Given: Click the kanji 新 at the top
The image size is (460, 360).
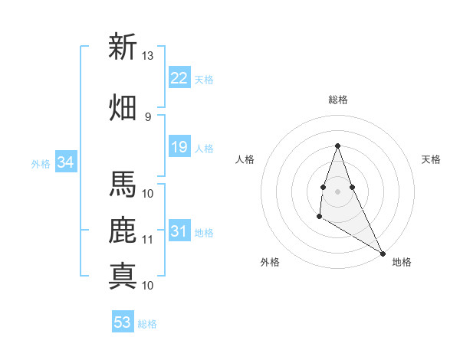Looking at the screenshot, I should [x=122, y=47].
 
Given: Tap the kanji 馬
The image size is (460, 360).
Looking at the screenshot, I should [x=122, y=185].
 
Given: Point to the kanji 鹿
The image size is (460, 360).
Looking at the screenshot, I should [x=122, y=231].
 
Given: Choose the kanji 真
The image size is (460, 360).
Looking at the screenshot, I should [x=122, y=275].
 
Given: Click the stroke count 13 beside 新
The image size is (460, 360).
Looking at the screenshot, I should [x=148, y=56].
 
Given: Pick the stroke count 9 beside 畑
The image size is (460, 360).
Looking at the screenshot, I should [x=147, y=116].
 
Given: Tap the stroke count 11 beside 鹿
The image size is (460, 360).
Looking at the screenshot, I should [x=148, y=239].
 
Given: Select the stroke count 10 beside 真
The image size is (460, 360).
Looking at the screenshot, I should [x=148, y=285].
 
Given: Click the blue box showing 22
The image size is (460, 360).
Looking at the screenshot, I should [x=179, y=78].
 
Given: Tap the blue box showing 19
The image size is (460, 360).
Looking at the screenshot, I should [x=179, y=147].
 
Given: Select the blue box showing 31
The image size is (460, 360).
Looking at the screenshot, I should [x=179, y=231].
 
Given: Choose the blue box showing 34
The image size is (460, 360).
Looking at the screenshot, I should [x=65, y=162].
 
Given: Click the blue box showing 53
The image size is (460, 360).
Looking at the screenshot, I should [x=123, y=322].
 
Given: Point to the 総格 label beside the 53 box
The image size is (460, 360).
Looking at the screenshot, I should [x=147, y=324].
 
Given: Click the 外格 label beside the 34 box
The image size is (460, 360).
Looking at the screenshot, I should [x=41, y=163].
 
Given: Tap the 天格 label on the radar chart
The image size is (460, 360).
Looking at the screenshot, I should [x=432, y=159].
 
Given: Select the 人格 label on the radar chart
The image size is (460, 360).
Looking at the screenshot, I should [x=245, y=159].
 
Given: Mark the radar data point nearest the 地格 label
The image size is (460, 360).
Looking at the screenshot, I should [x=383, y=253].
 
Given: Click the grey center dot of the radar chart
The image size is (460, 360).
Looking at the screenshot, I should [x=337, y=190].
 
